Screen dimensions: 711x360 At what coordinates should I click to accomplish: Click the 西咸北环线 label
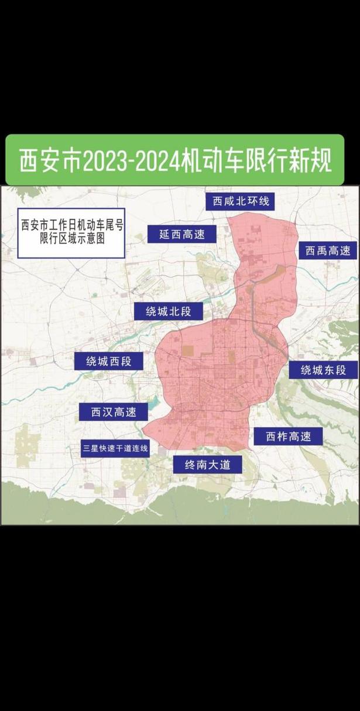241,201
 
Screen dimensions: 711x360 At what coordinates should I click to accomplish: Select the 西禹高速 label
328,251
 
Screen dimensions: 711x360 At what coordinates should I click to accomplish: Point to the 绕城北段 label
169,311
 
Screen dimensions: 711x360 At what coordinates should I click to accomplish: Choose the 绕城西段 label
109,361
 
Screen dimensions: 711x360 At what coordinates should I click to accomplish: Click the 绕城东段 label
324,370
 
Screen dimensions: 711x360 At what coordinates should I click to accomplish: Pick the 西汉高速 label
114,412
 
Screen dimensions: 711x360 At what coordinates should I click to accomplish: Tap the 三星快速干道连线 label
115,449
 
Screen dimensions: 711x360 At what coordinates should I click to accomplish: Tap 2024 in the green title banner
157,160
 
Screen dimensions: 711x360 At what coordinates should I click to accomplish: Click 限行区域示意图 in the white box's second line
71,239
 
